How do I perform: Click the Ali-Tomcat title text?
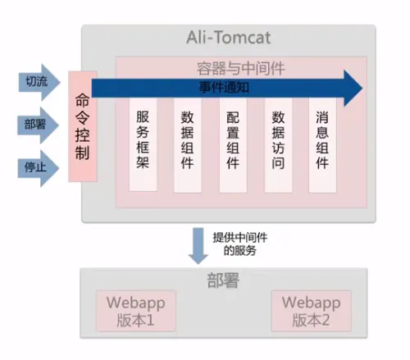pyautogui.click(x=229, y=38)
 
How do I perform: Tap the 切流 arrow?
pyautogui.click(x=39, y=82)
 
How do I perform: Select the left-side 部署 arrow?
pyautogui.click(x=39, y=125)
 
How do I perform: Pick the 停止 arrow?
pyautogui.click(x=39, y=168)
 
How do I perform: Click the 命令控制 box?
pyautogui.click(x=83, y=126)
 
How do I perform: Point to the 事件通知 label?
pyautogui.click(x=224, y=88)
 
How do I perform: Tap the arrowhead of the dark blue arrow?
pyautogui.click(x=353, y=88)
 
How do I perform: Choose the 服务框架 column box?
pyautogui.click(x=143, y=144)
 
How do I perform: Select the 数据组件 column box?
pyautogui.click(x=188, y=145)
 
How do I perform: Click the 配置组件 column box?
pyautogui.click(x=233, y=145)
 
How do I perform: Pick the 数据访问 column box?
pyautogui.click(x=278, y=145)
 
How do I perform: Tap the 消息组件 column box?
pyautogui.click(x=322, y=145)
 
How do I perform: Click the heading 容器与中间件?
pyautogui.click(x=241, y=68)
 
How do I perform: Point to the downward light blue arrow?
pyautogui.click(x=198, y=245)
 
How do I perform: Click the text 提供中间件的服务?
pyautogui.click(x=240, y=244)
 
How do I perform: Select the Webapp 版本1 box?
pyautogui.click(x=135, y=311)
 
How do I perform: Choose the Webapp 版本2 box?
pyautogui.click(x=312, y=311)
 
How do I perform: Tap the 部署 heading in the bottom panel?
pyautogui.click(x=223, y=280)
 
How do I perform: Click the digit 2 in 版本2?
pyautogui.click(x=326, y=321)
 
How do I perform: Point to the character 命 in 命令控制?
pyautogui.click(x=83, y=100)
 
